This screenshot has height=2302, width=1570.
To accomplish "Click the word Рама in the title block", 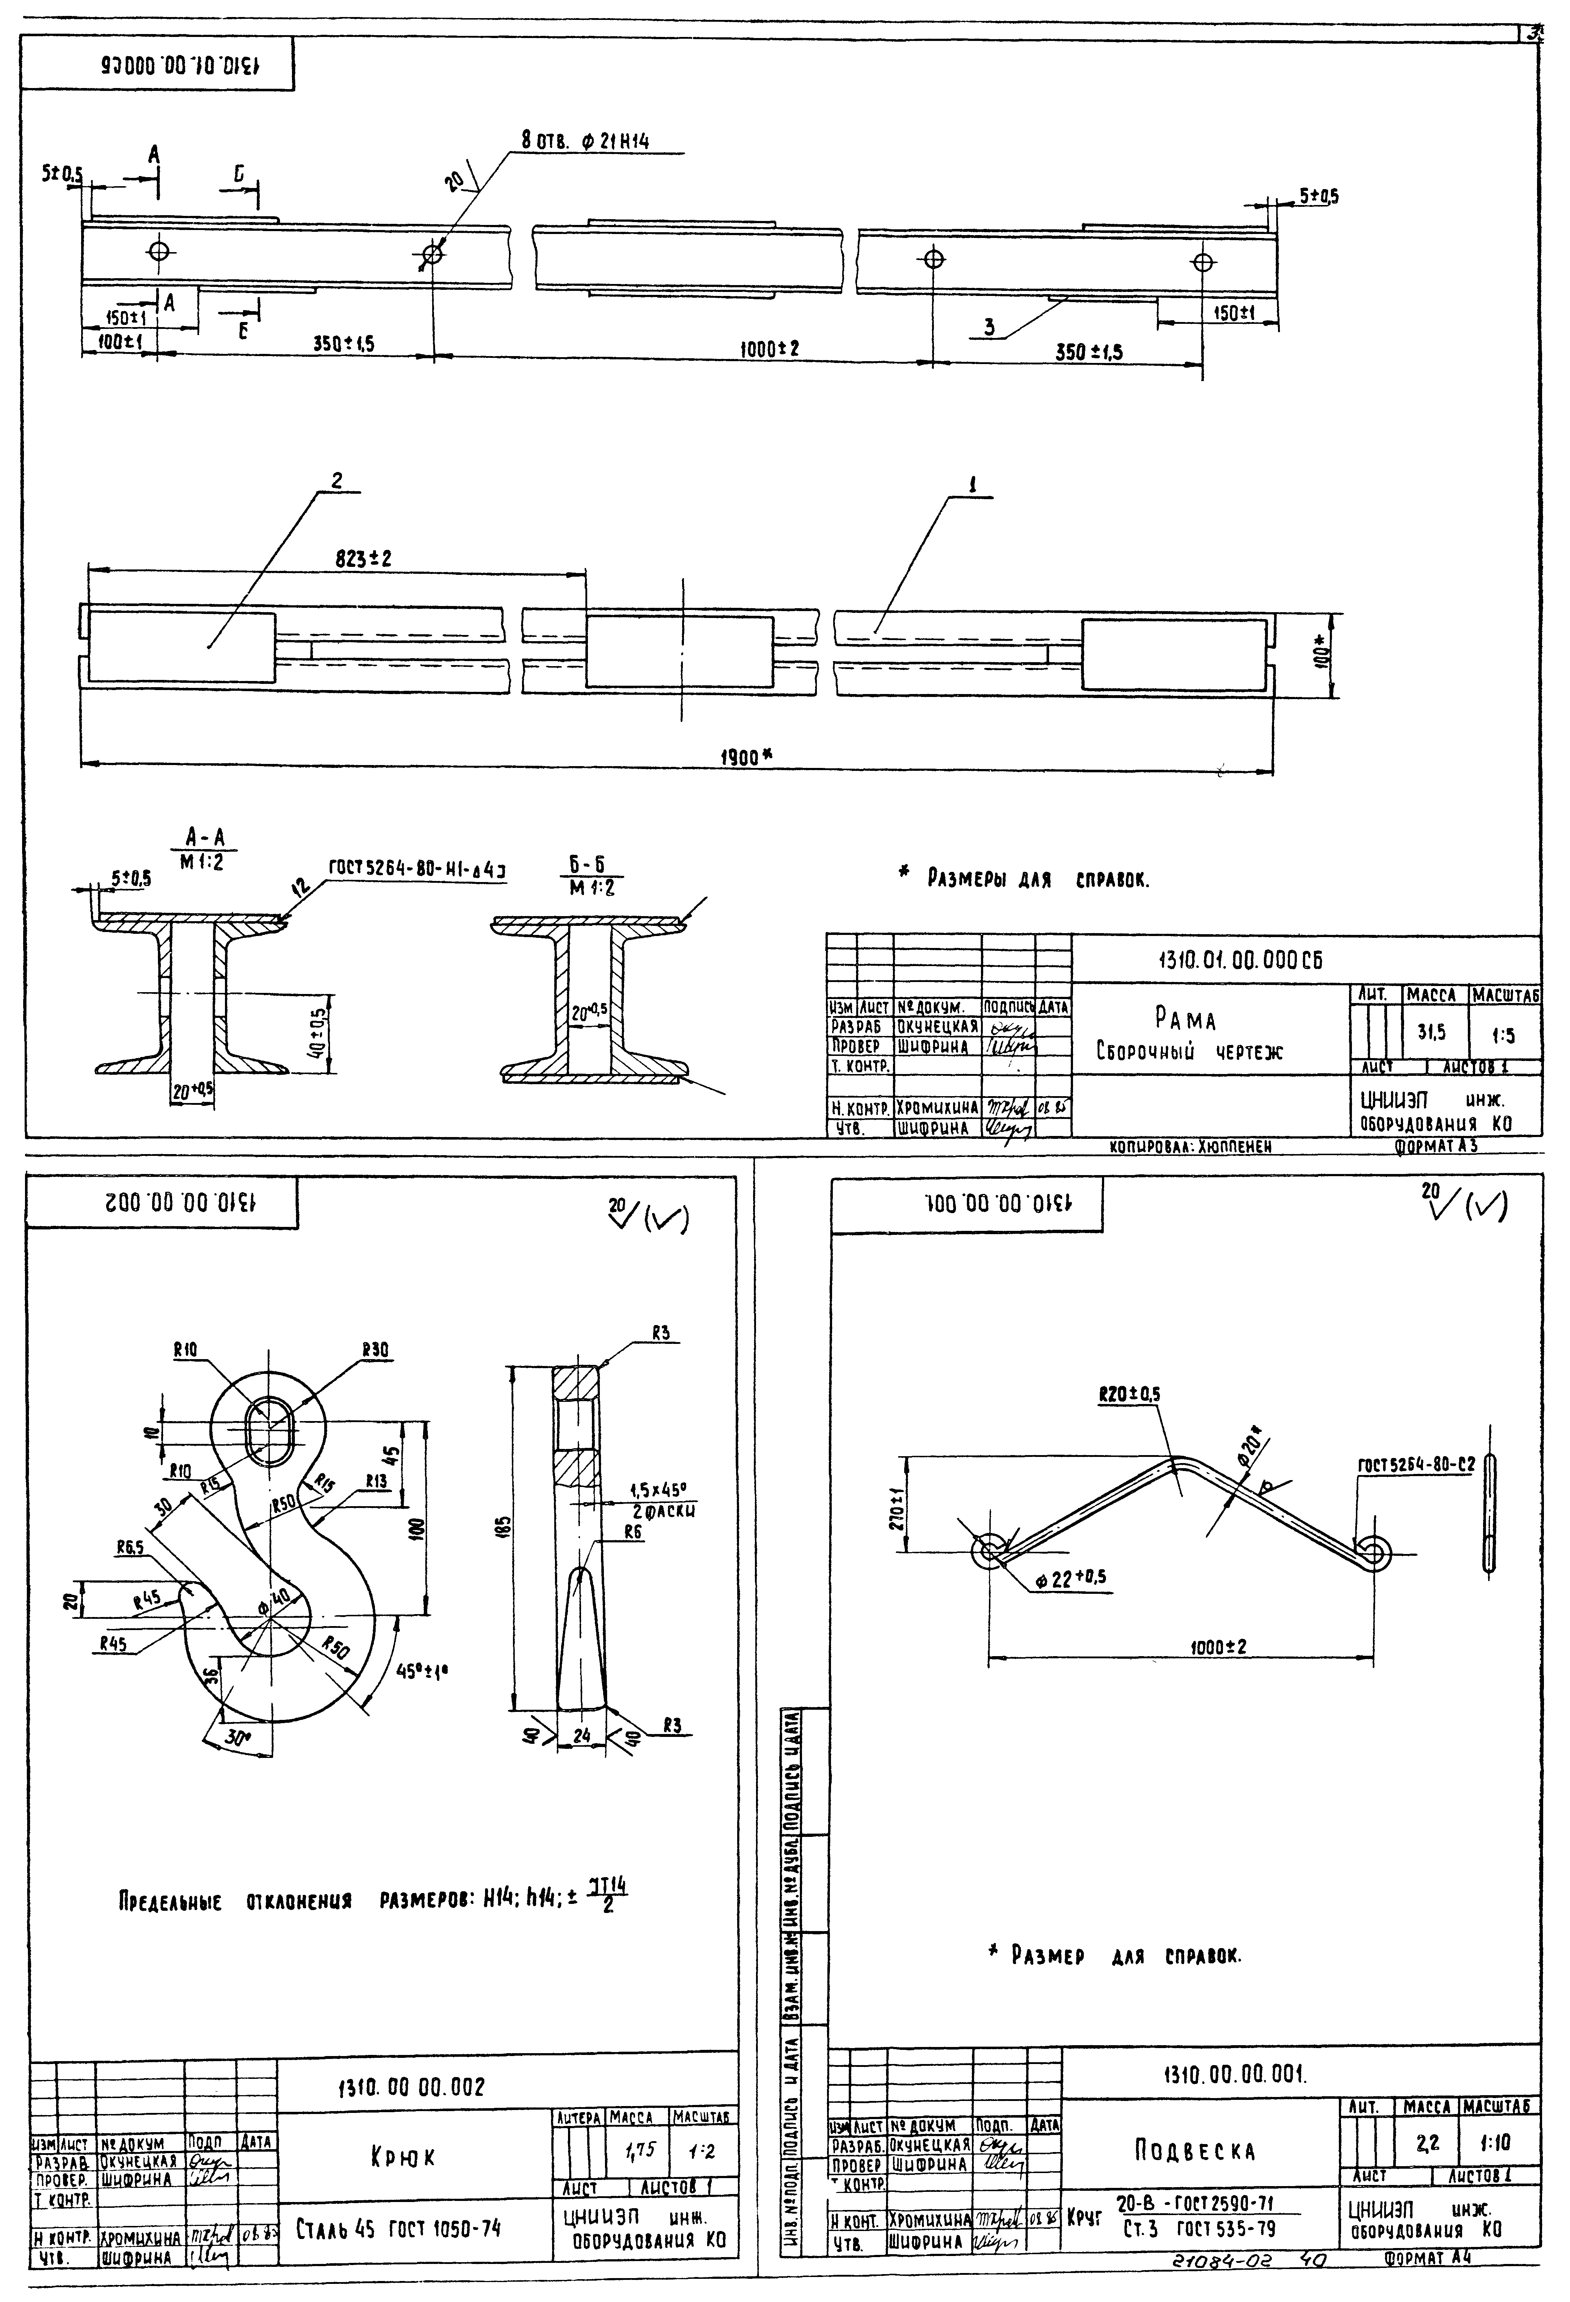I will [x=1185, y=1018].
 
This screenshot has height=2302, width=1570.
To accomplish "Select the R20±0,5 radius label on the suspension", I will [x=1129, y=1394].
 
